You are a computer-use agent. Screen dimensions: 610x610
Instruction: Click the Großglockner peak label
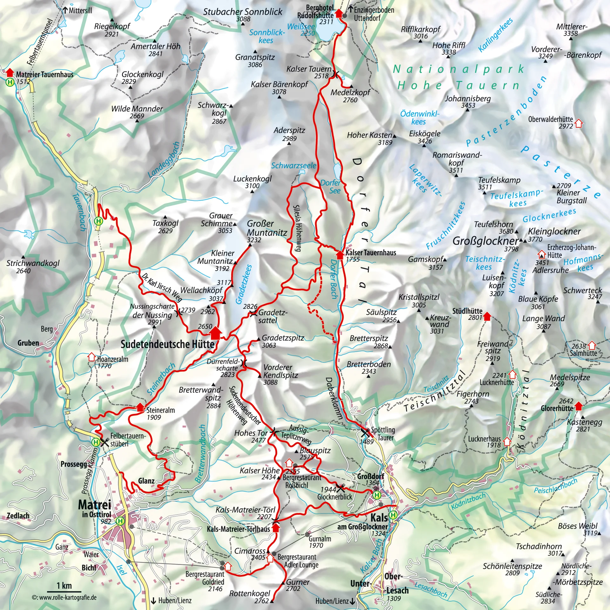pyautogui.click(x=485, y=241)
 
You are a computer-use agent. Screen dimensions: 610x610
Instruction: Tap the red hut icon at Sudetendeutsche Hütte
pyautogui.click(x=215, y=333)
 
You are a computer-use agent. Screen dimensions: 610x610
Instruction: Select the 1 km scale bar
pyautogui.click(x=64, y=591)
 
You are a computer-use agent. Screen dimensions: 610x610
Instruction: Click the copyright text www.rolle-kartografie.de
pyautogui.click(x=64, y=598)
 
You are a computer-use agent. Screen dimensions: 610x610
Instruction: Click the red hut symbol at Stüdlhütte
pyautogui.click(x=487, y=316)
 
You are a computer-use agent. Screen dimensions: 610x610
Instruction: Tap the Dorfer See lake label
pyautogui.click(x=330, y=186)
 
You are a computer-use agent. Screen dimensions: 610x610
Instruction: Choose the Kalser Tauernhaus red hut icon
pyautogui.click(x=340, y=254)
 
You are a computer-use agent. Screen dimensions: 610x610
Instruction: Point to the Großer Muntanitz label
pyautogui.click(x=267, y=228)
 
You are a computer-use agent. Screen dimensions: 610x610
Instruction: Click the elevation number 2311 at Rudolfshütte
pyautogui.click(x=326, y=22)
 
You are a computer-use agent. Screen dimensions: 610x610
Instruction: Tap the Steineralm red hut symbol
pyautogui.click(x=140, y=407)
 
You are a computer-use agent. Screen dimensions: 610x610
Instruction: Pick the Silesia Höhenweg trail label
pyautogui.click(x=297, y=228)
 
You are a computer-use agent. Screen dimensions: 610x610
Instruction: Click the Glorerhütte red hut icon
pyautogui.click(x=579, y=406)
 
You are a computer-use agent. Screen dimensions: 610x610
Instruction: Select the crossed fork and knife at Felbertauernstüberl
pyautogui.click(x=105, y=442)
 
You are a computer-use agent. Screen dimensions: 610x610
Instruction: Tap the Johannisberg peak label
pyautogui.click(x=467, y=98)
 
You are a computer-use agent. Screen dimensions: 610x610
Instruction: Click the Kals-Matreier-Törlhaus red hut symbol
pyautogui.click(x=276, y=528)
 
